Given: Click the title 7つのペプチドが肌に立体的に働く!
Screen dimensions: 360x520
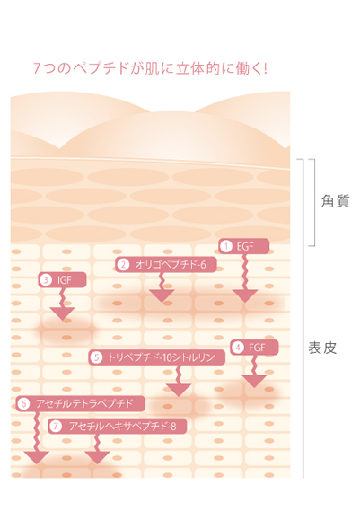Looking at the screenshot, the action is [151, 68].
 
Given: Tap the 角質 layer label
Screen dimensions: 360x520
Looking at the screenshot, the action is [335, 201].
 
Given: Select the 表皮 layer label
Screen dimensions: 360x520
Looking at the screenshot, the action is [322, 348].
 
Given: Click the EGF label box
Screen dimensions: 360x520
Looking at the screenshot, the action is [243, 246].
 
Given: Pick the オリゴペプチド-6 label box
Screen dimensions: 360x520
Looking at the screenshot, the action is [166, 264].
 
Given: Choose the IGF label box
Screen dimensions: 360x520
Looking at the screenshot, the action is [62, 280].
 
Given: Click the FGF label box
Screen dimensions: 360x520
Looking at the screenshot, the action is [254, 348].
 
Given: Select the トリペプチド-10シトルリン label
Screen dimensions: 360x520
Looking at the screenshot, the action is [157, 357].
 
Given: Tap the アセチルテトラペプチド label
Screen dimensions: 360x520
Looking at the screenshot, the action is [81, 403].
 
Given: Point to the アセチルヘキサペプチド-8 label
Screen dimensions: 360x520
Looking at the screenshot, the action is [118, 426].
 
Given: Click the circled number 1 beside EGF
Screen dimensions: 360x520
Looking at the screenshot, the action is [226, 246].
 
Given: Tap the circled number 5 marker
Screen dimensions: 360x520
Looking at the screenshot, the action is [96, 357].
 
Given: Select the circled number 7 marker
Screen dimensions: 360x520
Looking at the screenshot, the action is [56, 426].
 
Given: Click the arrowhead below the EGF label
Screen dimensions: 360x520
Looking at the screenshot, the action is [245, 295].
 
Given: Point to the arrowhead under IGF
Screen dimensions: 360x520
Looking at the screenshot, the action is [62, 313].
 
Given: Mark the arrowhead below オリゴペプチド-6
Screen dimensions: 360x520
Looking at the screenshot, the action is [162, 295].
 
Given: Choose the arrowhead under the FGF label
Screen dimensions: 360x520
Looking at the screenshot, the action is [254, 381].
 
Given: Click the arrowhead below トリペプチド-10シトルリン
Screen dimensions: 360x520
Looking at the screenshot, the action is [179, 389].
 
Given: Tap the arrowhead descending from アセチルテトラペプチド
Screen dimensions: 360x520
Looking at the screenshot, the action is [37, 457].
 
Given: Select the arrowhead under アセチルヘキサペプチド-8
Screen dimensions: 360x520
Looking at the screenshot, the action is [97, 457].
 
